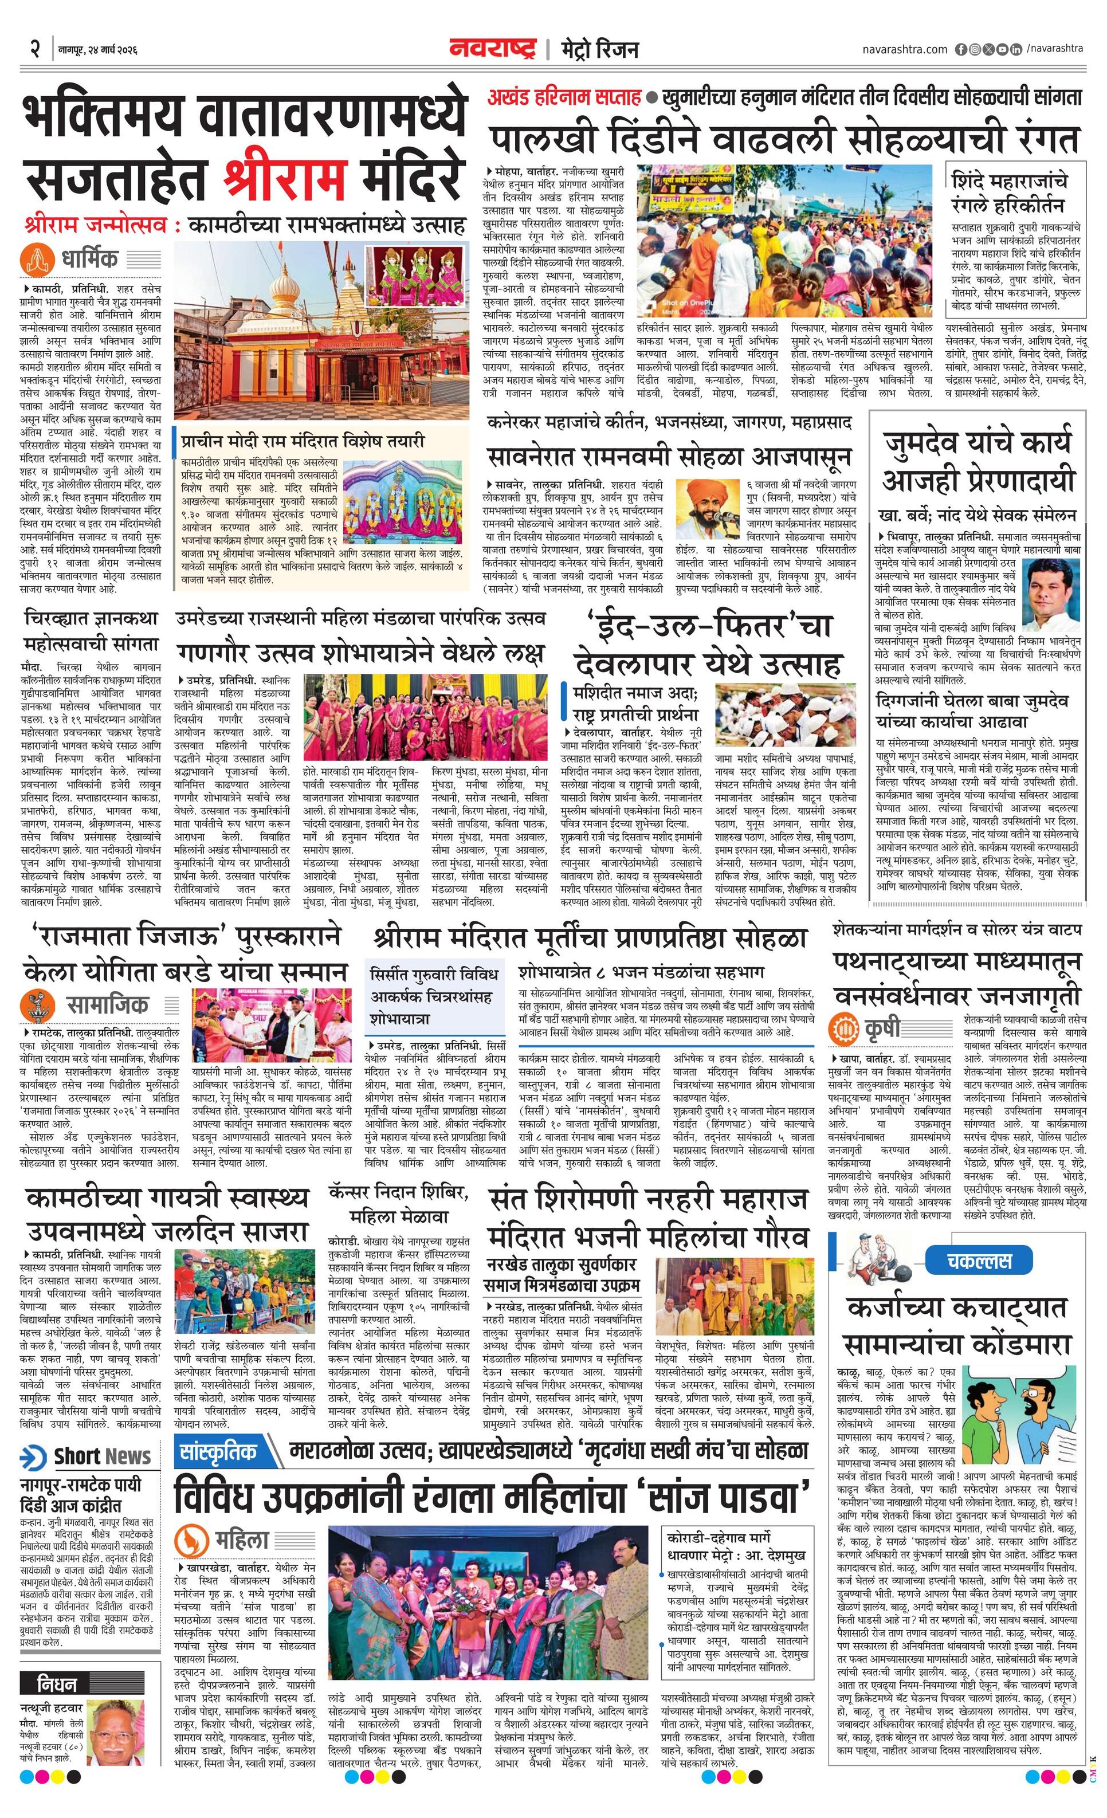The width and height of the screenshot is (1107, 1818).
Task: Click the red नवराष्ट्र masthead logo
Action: point(493,49)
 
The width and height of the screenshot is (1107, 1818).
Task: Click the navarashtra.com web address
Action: point(904,49)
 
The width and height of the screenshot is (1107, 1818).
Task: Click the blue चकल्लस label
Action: point(979,1260)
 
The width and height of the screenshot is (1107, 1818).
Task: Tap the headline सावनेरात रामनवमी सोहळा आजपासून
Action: point(669,457)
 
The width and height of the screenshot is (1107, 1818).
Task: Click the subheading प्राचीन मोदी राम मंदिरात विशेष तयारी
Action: point(303,442)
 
